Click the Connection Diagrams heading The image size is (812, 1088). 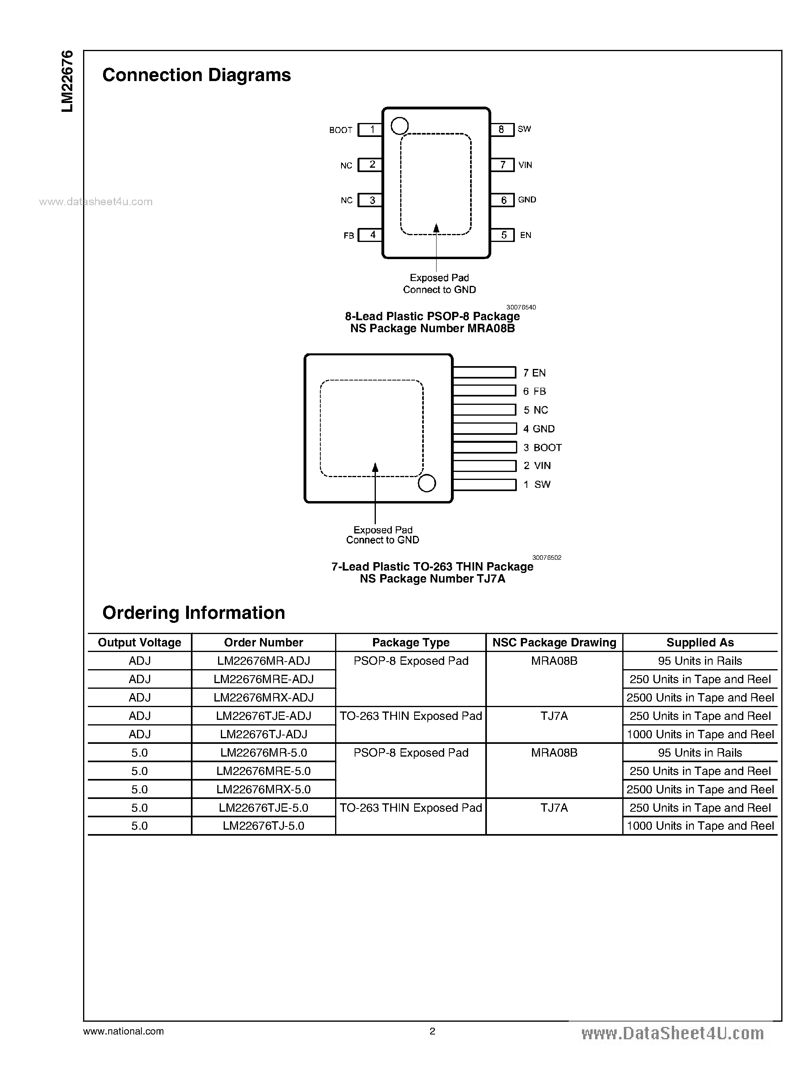tap(196, 75)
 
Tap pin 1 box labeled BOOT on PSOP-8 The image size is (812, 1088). tap(370, 130)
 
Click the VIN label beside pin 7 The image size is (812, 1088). tap(525, 165)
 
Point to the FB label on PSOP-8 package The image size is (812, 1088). tap(349, 236)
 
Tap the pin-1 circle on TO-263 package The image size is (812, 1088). tap(427, 483)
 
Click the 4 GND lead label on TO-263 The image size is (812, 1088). tap(539, 429)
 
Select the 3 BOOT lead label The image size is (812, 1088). tap(542, 448)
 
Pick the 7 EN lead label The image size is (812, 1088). tap(534, 373)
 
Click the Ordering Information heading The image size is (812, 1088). tap(194, 613)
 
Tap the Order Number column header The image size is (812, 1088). tap(264, 643)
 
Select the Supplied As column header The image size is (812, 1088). tap(700, 643)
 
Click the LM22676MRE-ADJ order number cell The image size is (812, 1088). tap(264, 679)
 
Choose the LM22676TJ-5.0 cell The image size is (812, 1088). tap(264, 826)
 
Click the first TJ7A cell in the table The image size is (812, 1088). tap(554, 716)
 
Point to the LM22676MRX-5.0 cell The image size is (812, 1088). tap(264, 789)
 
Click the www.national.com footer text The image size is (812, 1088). tap(123, 1031)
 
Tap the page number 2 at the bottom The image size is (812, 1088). tap(433, 1031)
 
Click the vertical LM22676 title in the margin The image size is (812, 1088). tap(68, 81)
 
